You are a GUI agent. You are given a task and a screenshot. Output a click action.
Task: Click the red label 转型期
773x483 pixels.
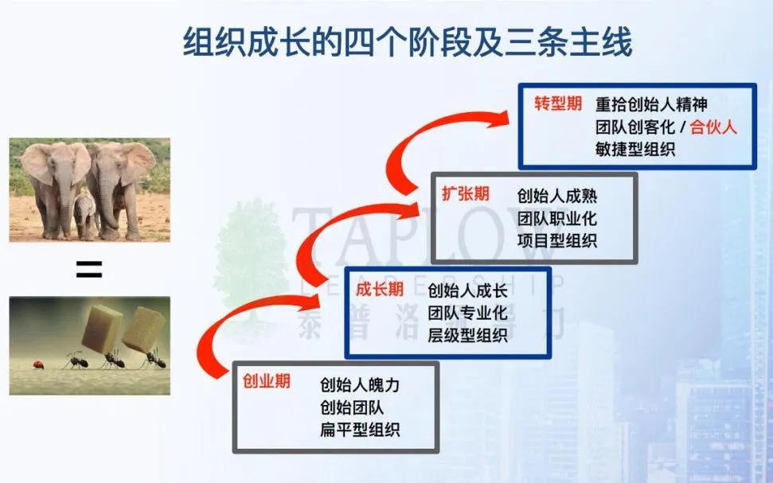pyautogui.click(x=558, y=103)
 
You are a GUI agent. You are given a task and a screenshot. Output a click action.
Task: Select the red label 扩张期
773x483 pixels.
pyautogui.click(x=466, y=194)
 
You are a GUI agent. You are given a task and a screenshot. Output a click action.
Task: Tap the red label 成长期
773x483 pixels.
pyautogui.click(x=380, y=290)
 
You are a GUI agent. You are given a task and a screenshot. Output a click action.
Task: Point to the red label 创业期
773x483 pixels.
pyautogui.click(x=266, y=381)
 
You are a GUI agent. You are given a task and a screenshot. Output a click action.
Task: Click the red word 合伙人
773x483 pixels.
pyautogui.click(x=712, y=127)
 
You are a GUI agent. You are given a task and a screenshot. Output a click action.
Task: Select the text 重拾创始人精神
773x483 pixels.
pyautogui.click(x=651, y=104)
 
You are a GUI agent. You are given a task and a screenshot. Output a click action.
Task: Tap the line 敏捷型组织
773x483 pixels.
pyautogui.click(x=635, y=149)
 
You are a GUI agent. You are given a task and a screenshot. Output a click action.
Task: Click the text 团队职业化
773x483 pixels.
pyautogui.click(x=557, y=218)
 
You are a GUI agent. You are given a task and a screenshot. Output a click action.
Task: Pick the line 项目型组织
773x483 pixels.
pyautogui.click(x=557, y=240)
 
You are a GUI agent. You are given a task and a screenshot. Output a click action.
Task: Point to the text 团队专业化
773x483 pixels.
pyautogui.click(x=467, y=313)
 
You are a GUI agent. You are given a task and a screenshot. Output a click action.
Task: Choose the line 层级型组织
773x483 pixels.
pyautogui.click(x=467, y=335)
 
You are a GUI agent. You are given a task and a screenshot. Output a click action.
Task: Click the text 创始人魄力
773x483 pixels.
pyautogui.click(x=359, y=385)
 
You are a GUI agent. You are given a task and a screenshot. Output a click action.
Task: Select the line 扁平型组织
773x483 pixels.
pyautogui.click(x=359, y=429)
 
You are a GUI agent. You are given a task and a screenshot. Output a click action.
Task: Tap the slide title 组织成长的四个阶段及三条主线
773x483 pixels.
pyautogui.click(x=408, y=42)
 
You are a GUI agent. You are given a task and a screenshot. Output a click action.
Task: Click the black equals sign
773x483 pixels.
pyautogui.click(x=89, y=269)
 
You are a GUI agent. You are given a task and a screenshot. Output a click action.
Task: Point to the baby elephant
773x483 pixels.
pyautogui.click(x=85, y=215)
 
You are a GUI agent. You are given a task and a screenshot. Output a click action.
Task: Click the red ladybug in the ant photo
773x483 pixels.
pyautogui.click(x=38, y=364)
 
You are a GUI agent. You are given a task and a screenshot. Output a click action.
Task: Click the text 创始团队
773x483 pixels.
pyautogui.click(x=352, y=407)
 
